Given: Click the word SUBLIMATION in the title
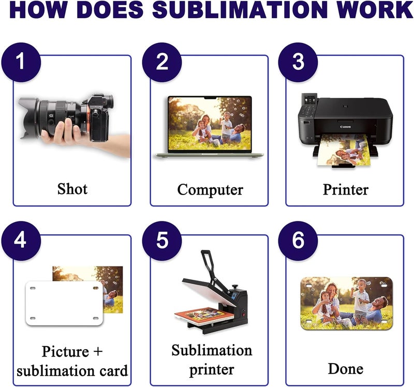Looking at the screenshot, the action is pos(240,9).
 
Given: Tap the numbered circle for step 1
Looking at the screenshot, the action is pos(21,62).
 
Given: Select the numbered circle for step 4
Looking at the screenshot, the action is pos(21,241).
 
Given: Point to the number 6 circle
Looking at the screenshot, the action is pos(298,241).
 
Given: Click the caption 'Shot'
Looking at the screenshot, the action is pos(72,189).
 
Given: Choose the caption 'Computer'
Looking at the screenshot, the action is pos(210,190).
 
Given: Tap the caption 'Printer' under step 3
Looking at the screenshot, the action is pos(346,189).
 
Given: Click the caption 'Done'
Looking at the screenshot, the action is pos(345,368).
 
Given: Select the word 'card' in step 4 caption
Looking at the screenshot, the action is pos(114,370).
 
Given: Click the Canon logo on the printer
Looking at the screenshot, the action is pos(345,127).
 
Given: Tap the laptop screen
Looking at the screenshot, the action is pos(210,124).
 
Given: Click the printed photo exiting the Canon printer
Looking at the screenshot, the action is pos(344,150).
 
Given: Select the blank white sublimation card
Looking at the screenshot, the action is pos(64,303).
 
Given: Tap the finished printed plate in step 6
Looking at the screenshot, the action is pos(347,304).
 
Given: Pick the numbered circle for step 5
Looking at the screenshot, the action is pos(162,241).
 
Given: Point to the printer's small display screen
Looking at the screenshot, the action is pos(308,100).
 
